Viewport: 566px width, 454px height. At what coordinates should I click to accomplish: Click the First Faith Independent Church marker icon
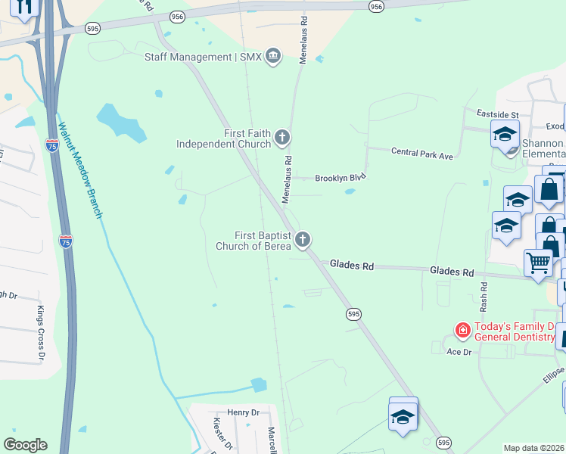(x=282, y=138)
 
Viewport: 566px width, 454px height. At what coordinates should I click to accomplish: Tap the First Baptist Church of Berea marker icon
(x=303, y=240)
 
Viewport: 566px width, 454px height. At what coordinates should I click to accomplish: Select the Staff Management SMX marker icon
(x=272, y=57)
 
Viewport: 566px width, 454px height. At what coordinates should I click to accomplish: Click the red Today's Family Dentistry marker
(x=462, y=330)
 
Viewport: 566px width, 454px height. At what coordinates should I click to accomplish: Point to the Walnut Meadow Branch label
(x=79, y=171)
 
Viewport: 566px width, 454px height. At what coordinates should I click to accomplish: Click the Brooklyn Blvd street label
(x=340, y=176)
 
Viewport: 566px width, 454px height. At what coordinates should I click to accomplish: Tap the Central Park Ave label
(x=421, y=153)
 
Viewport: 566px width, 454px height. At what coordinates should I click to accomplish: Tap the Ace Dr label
(x=459, y=352)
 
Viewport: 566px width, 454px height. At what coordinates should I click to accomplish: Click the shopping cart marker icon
(x=538, y=263)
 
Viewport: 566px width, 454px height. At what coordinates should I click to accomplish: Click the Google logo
(x=25, y=445)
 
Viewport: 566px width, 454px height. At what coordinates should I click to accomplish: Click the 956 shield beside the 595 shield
(x=177, y=15)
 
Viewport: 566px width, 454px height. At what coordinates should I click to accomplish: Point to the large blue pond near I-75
(x=121, y=122)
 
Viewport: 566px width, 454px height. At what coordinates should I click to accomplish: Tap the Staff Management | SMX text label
(x=199, y=57)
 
